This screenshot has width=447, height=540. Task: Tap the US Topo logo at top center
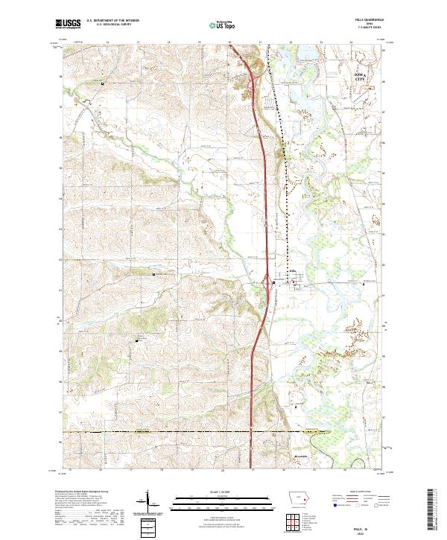coord(221,25)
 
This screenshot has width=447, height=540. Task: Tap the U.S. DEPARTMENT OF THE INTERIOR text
coord(112,22)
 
